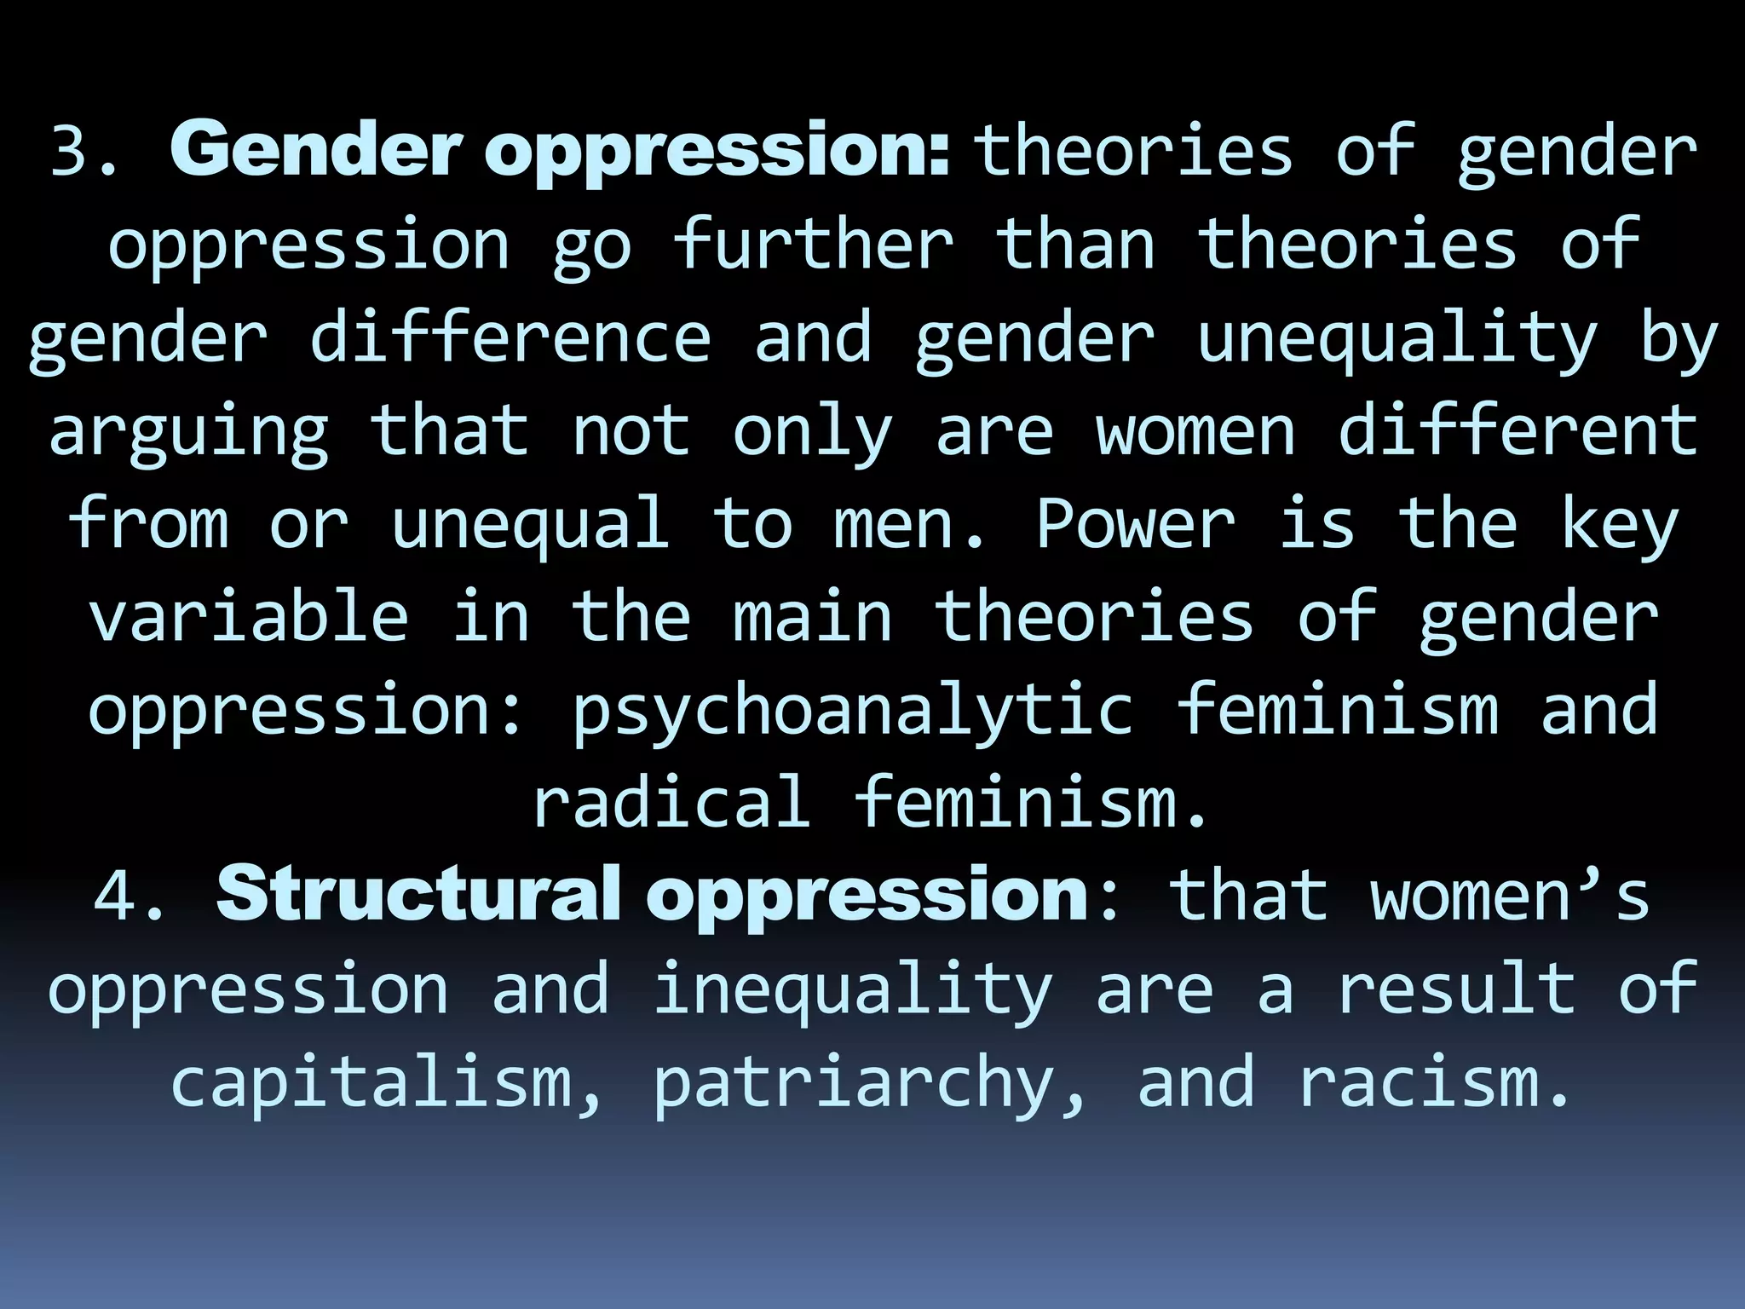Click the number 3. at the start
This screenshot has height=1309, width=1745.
[x=82, y=152]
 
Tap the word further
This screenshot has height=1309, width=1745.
[x=813, y=244]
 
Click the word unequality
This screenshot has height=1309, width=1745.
[x=1397, y=339]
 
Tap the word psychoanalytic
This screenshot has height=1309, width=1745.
[x=852, y=711]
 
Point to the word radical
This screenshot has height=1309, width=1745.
[x=671, y=802]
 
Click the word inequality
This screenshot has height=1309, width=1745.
[x=852, y=990]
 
